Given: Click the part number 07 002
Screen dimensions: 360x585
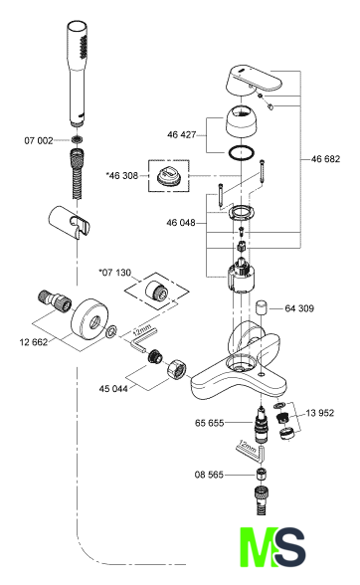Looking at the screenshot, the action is pyautogui.click(x=39, y=140).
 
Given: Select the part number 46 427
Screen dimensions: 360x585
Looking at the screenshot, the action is pyautogui.click(x=182, y=134).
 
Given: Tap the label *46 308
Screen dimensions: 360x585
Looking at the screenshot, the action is pyautogui.click(x=123, y=175).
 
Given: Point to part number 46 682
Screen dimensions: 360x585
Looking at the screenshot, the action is pyautogui.click(x=325, y=159).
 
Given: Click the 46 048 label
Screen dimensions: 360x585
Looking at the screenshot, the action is pyautogui.click(x=181, y=223).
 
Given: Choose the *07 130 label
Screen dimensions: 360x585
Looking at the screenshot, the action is pyautogui.click(x=115, y=273).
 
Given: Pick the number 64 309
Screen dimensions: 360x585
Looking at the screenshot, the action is pyautogui.click(x=299, y=308).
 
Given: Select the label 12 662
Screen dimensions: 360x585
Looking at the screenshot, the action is pyautogui.click(x=34, y=342).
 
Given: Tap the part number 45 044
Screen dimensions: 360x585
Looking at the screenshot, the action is pyautogui.click(x=113, y=389).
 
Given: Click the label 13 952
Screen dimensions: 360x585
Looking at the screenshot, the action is pyautogui.click(x=320, y=413).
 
